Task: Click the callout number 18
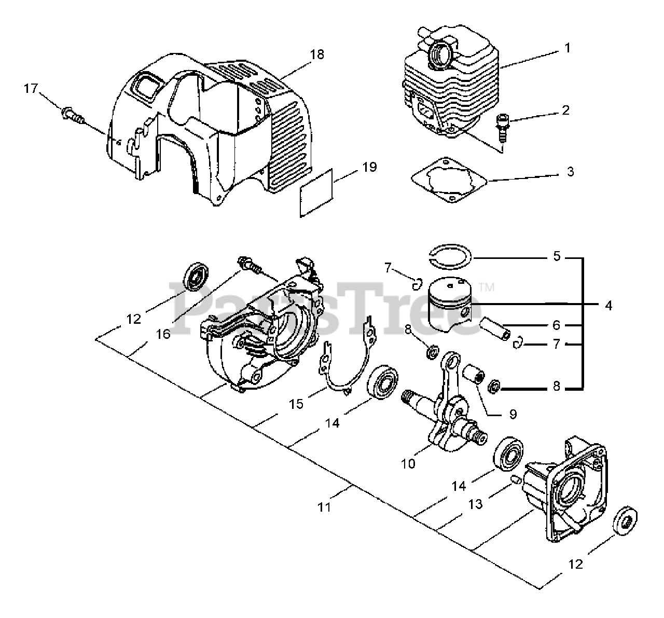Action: pyautogui.click(x=317, y=54)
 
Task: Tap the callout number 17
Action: pyautogui.click(x=32, y=89)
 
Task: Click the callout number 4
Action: pyautogui.click(x=608, y=306)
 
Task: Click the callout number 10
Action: pyautogui.click(x=408, y=463)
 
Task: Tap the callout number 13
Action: pyautogui.click(x=475, y=503)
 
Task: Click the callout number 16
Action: pyautogui.click(x=163, y=334)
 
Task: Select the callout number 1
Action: pyautogui.click(x=568, y=48)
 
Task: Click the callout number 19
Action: pyautogui.click(x=369, y=167)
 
